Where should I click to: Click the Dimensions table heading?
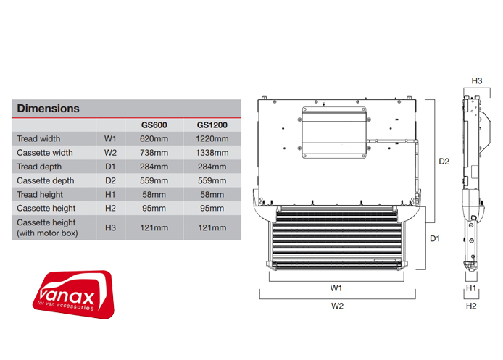48,109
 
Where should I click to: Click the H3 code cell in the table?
110,227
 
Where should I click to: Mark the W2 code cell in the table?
110,152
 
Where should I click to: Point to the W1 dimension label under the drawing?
336,288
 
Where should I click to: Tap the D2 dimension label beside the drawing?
444,162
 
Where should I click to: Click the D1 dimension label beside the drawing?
435,238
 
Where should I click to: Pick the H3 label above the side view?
477,81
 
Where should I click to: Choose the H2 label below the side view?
471,306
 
